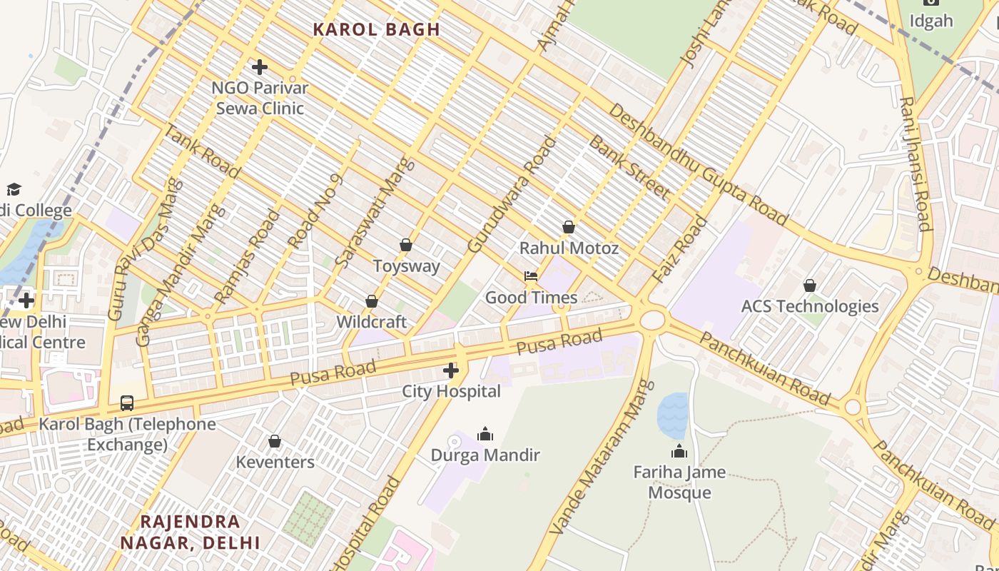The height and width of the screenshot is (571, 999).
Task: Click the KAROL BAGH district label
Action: tap(376, 29)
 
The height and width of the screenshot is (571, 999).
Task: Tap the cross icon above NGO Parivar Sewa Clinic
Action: tap(260, 67)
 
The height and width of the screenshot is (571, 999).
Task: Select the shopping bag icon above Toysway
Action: tap(406, 245)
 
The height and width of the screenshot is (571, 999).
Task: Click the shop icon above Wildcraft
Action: tap(372, 301)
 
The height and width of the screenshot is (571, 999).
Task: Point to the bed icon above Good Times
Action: tap(530, 276)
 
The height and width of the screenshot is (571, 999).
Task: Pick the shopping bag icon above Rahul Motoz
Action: tap(569, 227)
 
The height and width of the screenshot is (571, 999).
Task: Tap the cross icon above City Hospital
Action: tap(451, 370)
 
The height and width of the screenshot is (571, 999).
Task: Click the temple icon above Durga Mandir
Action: tap(485, 434)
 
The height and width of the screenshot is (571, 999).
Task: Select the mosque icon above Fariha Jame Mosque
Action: tap(679, 451)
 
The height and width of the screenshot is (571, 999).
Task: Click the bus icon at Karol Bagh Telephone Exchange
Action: tap(127, 403)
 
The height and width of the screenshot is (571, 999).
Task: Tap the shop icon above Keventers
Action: tap(275, 441)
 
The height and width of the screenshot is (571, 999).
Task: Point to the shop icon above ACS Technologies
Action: tap(810, 285)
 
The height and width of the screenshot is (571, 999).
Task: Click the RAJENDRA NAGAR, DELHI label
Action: tap(190, 532)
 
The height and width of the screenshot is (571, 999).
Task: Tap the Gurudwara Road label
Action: tap(511, 195)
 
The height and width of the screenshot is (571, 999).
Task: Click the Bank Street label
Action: tap(629, 167)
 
